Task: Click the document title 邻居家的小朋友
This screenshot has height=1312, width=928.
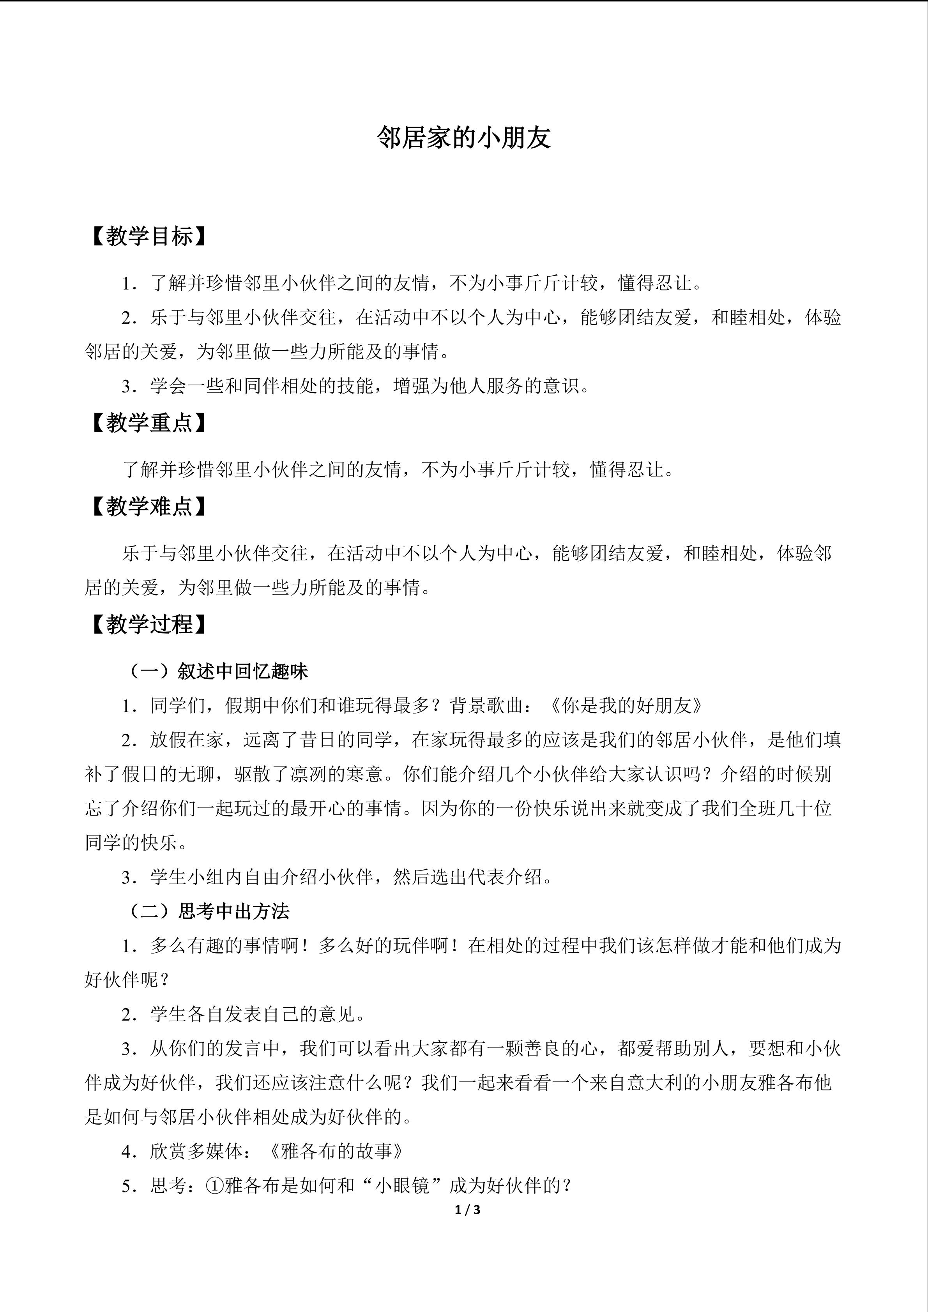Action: click(x=463, y=138)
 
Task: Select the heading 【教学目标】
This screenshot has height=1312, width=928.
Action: click(x=147, y=236)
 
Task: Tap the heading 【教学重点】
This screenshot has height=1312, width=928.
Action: click(x=147, y=423)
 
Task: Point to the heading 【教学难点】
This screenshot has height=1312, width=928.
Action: click(x=147, y=506)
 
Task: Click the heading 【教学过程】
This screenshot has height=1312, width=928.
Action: click(x=147, y=625)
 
